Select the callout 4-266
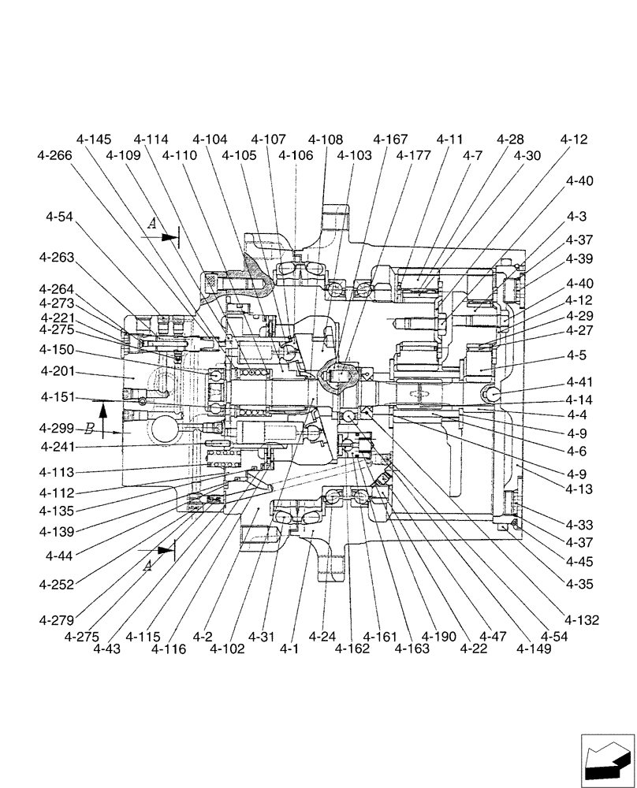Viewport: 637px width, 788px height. (54, 155)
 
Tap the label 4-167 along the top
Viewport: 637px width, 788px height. (390, 139)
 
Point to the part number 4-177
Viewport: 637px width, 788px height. (413, 155)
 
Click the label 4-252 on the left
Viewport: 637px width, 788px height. (57, 585)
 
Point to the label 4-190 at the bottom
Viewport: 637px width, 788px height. (439, 636)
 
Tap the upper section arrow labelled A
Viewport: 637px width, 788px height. (168, 233)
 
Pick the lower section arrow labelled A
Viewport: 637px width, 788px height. (162, 549)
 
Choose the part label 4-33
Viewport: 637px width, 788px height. (579, 524)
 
